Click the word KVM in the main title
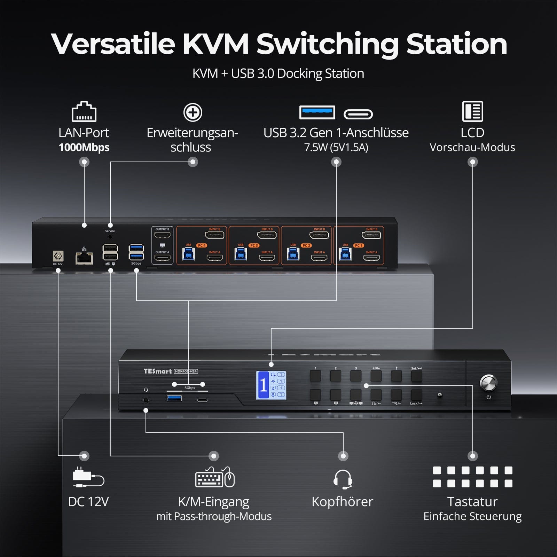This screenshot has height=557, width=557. (215, 44)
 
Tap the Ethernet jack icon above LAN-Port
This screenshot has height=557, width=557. (84, 111)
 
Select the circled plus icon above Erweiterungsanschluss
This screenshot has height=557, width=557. (193, 112)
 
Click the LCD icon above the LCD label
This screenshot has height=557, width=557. (472, 111)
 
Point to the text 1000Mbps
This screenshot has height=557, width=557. (84, 148)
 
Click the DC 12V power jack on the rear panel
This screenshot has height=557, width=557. (58, 256)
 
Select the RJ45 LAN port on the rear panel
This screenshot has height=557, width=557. (84, 258)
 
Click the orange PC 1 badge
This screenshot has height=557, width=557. (359, 245)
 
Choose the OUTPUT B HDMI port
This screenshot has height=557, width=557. (162, 235)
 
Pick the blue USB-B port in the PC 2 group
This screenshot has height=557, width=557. (293, 254)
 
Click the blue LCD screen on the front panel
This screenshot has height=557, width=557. (271, 385)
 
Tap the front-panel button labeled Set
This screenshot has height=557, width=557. (416, 376)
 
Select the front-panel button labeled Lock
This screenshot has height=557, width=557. (416, 395)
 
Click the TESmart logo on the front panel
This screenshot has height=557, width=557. (158, 371)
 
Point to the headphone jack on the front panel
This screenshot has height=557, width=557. (146, 400)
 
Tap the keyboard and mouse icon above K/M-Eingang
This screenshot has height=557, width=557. (214, 477)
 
